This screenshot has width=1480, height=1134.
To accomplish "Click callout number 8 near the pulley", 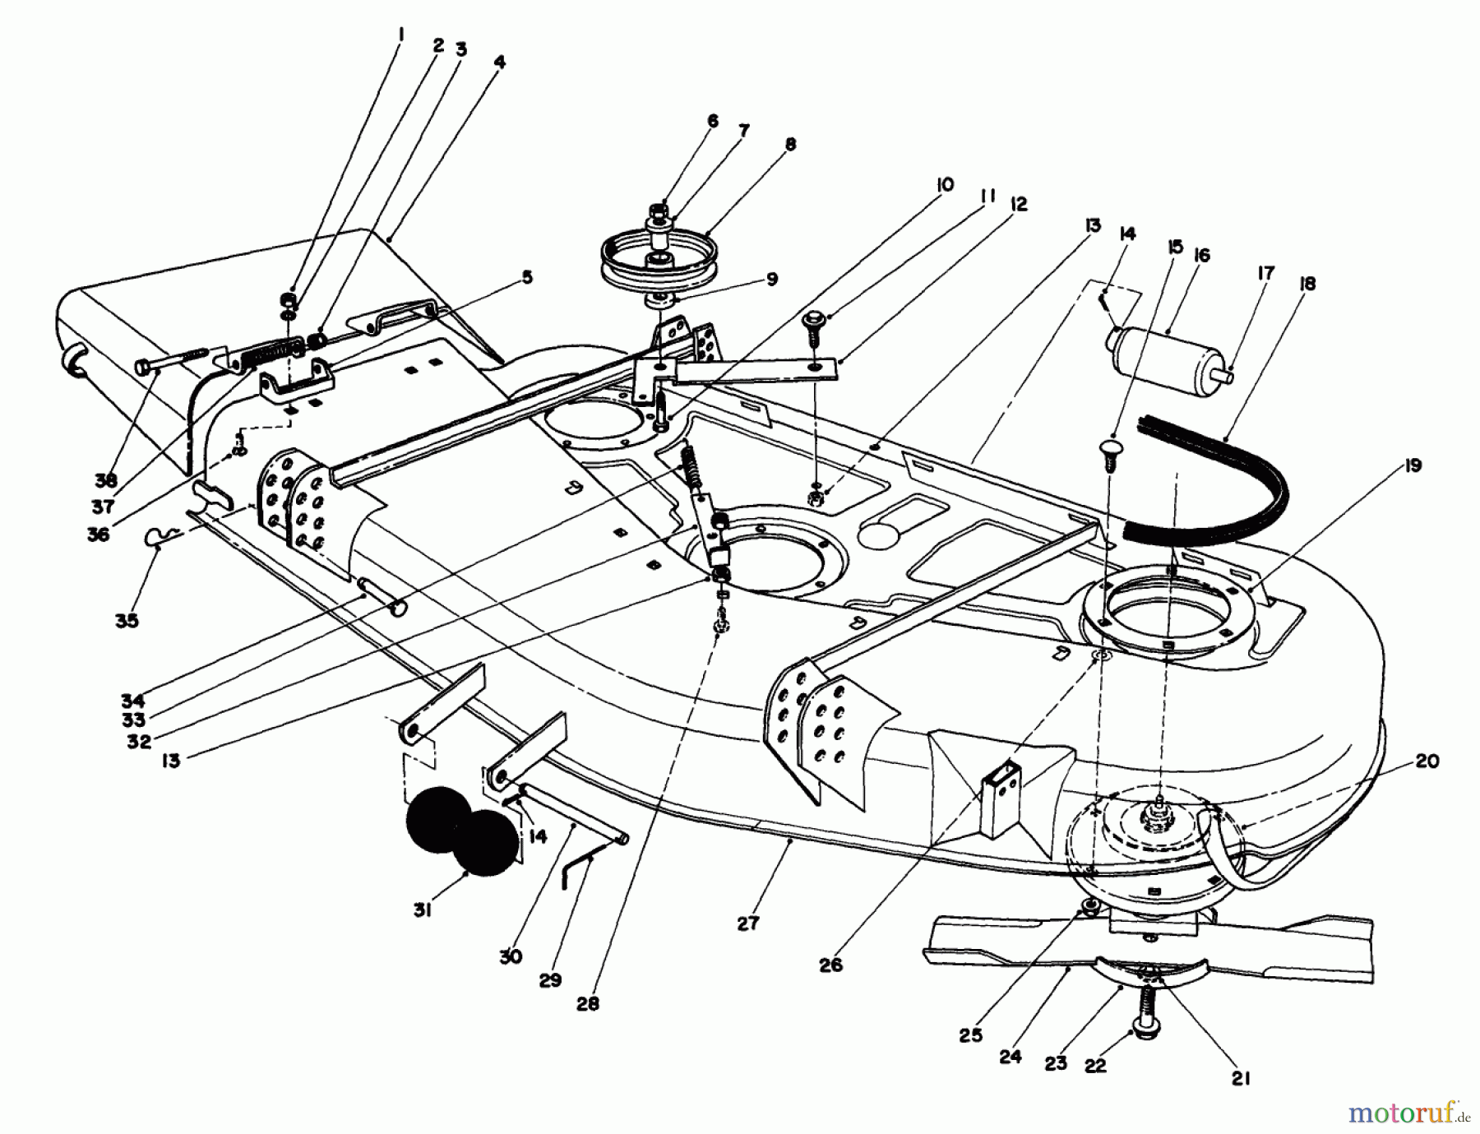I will pos(790,145).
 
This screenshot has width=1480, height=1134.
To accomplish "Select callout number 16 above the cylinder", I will pos(1201,256).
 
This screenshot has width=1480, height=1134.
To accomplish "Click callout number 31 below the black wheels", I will pos(422,911).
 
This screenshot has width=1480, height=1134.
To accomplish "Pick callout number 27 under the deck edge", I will pos(747,923).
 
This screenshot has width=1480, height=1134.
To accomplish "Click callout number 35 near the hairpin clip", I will pos(127,620).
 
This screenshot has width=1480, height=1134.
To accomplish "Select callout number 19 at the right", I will pos(1413,466).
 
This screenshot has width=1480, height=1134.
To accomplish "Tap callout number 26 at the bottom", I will pos(831,965).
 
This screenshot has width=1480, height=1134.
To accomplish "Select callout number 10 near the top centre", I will pos(945,185).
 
